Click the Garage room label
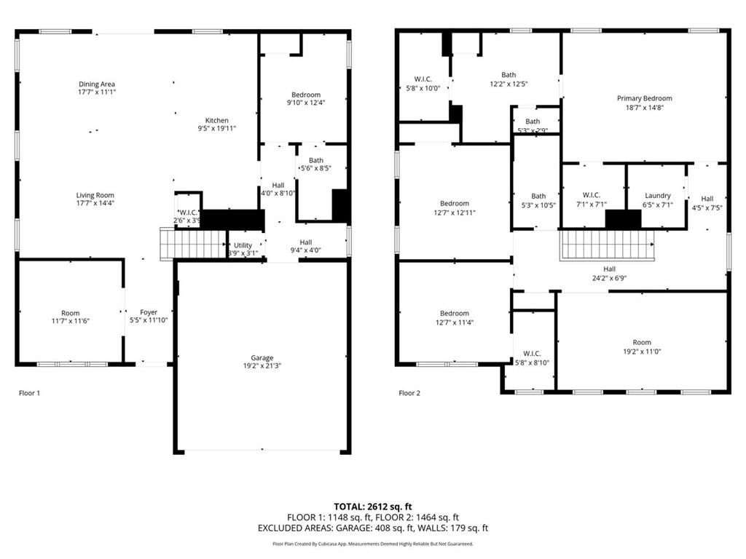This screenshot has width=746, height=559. tap(262, 357)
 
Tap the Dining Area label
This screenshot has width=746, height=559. tap(97, 84)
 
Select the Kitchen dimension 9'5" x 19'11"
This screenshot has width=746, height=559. tap(216, 129)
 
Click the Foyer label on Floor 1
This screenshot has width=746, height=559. tap(149, 312)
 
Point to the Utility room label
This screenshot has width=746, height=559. tap(243, 245)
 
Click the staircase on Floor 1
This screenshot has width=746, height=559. tap(193, 244)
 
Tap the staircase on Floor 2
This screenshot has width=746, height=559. tap(606, 245)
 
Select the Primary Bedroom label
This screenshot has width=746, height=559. tap(644, 98)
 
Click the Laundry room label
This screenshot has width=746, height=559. tap(657, 195)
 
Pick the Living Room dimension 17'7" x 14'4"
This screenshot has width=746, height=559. tap(95, 203)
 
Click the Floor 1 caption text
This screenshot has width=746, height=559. tap(29, 393)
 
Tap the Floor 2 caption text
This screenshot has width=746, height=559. tap(409, 393)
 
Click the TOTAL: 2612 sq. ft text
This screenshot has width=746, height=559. tap(372, 506)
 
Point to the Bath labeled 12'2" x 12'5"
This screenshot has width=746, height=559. tap(509, 75)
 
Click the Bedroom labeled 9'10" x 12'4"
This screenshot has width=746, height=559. tap(306, 95)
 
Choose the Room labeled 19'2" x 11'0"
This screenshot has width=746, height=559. tap(642, 342)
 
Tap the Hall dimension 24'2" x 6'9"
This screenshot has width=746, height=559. tap(609, 277)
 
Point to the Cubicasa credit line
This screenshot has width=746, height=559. tap(372, 543)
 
